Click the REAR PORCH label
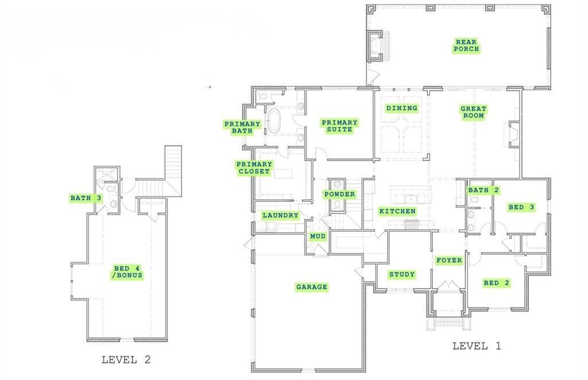(466, 45)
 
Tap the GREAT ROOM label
(473, 112)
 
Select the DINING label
(401, 108)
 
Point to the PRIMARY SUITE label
(339, 126)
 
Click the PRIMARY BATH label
(242, 128)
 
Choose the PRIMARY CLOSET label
(253, 167)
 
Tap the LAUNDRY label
(280, 216)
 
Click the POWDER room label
(339, 194)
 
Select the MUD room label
(318, 236)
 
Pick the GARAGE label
(311, 287)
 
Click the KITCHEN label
(397, 212)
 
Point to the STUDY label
(402, 274)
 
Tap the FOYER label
(448, 260)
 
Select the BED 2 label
(496, 283)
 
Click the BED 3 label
(521, 207)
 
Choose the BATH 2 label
(483, 190)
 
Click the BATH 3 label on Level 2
(86, 198)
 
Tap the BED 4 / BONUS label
(127, 271)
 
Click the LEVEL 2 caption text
(126, 360)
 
